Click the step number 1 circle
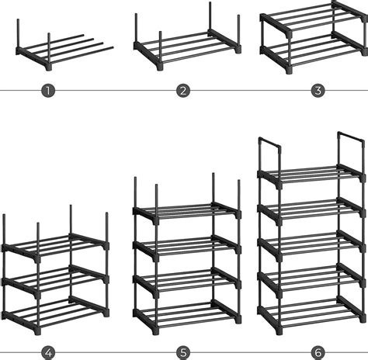[x=48, y=91]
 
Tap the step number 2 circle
[x=183, y=91]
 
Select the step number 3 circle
[x=318, y=91]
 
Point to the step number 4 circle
[x=48, y=352]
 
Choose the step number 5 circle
[x=183, y=352]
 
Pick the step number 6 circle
[x=318, y=352]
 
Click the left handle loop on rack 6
[x=270, y=141]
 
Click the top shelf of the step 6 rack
[x=311, y=175]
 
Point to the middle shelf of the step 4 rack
[x=55, y=280]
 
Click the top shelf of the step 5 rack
[x=187, y=212]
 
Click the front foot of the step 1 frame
[x=49, y=67]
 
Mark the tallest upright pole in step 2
[x=210, y=17]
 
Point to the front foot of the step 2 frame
[x=160, y=67]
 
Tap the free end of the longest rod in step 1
[x=112, y=47]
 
